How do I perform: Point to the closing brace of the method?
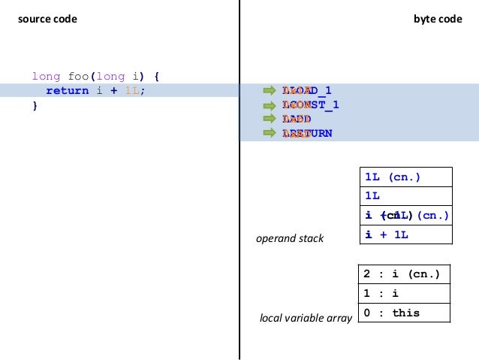(x=34, y=105)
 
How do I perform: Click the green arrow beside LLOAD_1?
(x=270, y=91)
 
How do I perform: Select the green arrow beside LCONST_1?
(x=270, y=105)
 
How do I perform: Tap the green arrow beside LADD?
(x=270, y=119)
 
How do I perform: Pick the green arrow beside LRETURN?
(x=270, y=134)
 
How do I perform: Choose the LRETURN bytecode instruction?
(x=307, y=134)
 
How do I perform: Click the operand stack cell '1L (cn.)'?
(x=405, y=177)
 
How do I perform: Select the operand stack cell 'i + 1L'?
(x=405, y=234)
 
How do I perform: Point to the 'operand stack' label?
(x=290, y=238)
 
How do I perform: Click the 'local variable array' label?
(x=306, y=319)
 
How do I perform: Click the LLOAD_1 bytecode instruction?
(x=307, y=91)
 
